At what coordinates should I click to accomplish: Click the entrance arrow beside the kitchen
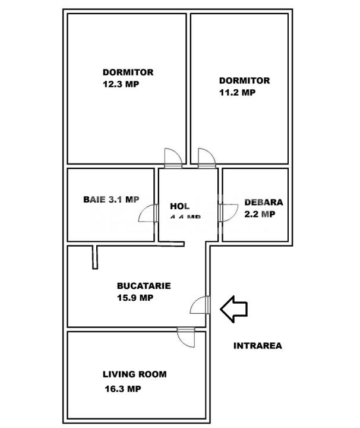[234, 309]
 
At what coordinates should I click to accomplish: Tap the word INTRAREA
[257, 345]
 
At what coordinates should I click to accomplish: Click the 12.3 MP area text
[121, 84]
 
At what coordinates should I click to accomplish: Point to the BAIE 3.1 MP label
[111, 200]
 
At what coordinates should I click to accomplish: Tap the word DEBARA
[264, 202]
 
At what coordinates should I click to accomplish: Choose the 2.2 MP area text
[260, 214]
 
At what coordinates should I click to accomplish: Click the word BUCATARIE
[144, 285]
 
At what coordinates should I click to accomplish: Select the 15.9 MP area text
[135, 298]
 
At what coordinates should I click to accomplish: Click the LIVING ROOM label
[134, 374]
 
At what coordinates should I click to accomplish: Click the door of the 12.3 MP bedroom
[173, 157]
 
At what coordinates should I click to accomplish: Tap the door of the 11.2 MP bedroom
[207, 157]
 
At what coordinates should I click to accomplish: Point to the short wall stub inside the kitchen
[94, 257]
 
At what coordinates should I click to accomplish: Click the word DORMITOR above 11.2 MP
[244, 80]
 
